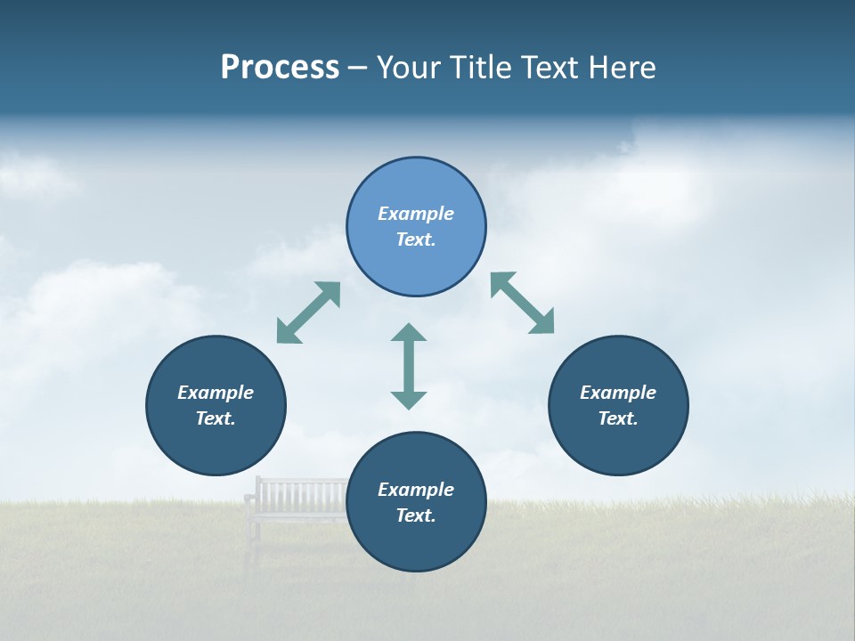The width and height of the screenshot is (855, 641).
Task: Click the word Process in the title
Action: tap(280, 68)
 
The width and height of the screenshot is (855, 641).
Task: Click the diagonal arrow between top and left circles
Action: tap(308, 312)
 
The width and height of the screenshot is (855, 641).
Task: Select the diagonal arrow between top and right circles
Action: tap(523, 303)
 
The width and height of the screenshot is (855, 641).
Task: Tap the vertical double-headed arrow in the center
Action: tap(409, 366)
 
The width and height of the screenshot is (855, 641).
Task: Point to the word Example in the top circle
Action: tap(416, 214)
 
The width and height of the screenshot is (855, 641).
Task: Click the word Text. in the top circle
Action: tap(416, 239)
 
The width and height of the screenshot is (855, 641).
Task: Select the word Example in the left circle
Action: tap(216, 393)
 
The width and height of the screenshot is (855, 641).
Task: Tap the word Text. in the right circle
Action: tap(618, 418)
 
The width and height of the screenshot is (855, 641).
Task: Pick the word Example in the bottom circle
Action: tap(416, 490)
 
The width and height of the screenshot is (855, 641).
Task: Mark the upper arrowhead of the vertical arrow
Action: tap(409, 334)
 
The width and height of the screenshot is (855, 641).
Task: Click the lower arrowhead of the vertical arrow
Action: tap(409, 399)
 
